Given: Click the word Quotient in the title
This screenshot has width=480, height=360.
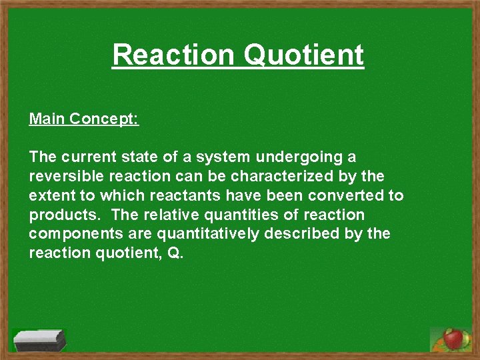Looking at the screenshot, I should tap(303, 55).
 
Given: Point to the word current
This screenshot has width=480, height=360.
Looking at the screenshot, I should tap(91, 157).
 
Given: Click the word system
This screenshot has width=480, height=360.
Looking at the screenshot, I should tap(217, 157).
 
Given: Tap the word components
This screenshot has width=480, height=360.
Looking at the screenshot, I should tap(73, 235).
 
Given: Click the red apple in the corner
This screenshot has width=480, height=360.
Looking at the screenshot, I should tap(454, 339).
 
